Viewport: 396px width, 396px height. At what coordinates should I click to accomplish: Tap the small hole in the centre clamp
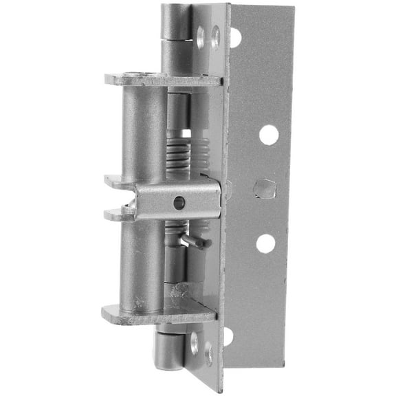179,203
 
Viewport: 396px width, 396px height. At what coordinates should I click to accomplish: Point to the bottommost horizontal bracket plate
158,316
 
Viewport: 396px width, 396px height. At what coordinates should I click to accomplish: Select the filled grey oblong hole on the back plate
265,188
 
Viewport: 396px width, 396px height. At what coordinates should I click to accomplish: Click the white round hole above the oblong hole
269,135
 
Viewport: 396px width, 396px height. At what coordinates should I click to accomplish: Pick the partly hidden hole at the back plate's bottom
228,336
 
